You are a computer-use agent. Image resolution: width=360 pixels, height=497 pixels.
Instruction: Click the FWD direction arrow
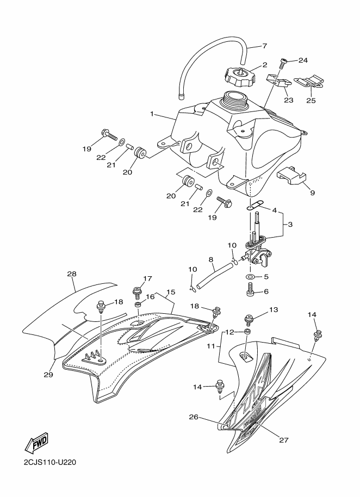tap(36, 442)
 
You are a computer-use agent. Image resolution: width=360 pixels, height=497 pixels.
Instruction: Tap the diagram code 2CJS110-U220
tap(49, 462)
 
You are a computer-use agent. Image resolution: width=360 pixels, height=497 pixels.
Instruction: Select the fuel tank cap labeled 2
tap(238, 76)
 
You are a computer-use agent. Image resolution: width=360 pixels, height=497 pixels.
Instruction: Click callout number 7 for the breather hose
tap(264, 46)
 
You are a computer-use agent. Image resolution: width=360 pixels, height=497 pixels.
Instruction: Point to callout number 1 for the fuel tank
tap(152, 114)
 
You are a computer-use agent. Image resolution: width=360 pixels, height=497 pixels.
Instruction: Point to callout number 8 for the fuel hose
tap(211, 259)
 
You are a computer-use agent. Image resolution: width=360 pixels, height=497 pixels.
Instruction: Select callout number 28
tap(72, 273)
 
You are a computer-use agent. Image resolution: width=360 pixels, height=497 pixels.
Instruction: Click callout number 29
tap(48, 374)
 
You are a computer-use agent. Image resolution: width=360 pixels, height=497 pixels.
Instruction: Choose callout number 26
tap(194, 417)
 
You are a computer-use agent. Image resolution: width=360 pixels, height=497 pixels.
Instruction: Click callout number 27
tap(284, 439)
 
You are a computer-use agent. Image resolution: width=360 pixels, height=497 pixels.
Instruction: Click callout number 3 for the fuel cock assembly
tap(290, 225)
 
